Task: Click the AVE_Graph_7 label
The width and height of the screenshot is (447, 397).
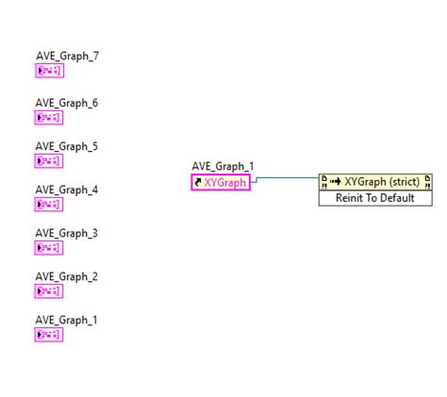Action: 67,56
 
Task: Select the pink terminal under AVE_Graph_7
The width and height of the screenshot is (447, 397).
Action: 49,71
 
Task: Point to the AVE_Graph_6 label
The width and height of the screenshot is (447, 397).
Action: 67,103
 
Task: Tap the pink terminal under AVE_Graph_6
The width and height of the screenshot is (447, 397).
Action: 49,118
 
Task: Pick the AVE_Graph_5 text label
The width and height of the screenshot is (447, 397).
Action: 67,146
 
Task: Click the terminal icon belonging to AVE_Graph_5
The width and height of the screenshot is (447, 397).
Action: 49,161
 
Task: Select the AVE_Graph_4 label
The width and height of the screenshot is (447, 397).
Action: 67,190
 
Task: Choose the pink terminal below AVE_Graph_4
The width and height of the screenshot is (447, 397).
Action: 49,205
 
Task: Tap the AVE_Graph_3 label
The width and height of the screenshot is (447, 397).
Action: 67,233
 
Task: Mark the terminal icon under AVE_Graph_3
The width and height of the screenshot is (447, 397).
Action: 49,248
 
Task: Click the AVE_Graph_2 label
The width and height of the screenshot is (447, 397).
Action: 67,276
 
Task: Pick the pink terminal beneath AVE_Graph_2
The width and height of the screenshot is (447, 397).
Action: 49,291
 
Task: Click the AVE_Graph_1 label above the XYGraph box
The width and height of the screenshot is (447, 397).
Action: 223,166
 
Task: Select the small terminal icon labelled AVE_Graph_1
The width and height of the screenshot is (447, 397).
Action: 49,335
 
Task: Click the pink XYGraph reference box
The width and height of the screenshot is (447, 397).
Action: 221,182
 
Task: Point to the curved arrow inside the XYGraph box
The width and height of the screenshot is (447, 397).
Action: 198,182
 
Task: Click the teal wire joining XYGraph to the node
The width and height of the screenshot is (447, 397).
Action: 285,178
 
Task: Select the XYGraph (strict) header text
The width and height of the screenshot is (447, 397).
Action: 382,182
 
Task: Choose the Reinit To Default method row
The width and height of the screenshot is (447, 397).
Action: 375,198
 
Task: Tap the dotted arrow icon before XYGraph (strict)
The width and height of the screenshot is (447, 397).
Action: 336,181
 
